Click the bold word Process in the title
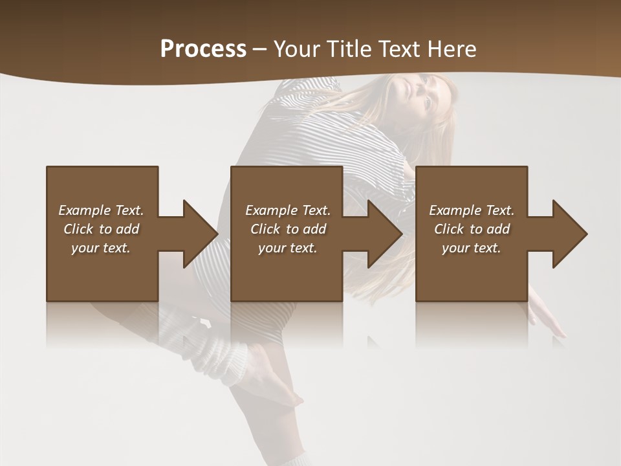pos(203,49)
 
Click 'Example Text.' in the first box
pos(101,210)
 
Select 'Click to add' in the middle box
pos(288,229)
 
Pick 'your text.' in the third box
pos(472,248)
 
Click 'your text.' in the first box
pos(101,248)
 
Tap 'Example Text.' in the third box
pos(472,210)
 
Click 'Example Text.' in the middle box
pos(288,210)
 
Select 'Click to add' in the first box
pos(101,229)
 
